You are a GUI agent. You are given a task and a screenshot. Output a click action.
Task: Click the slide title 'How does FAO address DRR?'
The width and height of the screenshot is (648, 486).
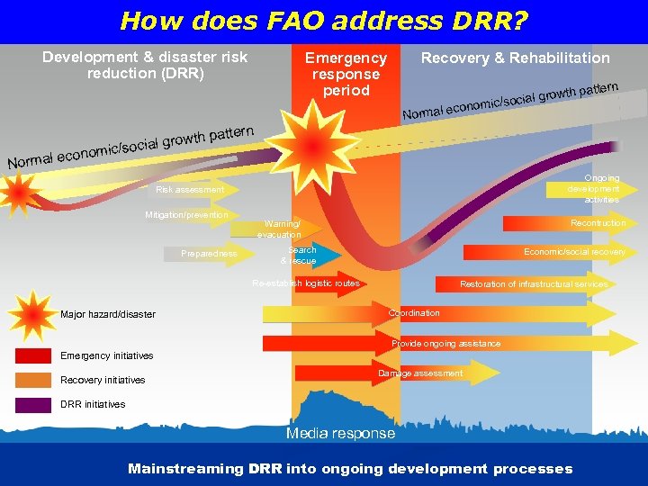[x=324, y=20]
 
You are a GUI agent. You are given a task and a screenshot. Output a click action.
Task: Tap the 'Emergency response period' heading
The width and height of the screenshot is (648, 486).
[x=346, y=74]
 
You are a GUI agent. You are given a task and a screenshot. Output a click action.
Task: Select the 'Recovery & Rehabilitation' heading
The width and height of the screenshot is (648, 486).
[x=515, y=58]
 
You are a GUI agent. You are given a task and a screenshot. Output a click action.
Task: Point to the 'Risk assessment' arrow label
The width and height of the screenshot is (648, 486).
[x=189, y=190]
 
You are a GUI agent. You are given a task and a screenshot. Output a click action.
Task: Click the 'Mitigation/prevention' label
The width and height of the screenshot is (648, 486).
[x=186, y=215]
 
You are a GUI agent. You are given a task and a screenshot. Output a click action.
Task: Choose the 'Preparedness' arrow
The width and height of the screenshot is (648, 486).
[x=209, y=254]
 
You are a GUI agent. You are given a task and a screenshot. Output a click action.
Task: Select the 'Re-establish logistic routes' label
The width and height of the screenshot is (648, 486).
[x=306, y=283]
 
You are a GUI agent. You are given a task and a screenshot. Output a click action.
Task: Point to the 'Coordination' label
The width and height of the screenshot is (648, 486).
[x=414, y=313]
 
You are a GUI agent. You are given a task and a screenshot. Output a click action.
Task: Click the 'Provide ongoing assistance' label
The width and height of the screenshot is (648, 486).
[x=445, y=344]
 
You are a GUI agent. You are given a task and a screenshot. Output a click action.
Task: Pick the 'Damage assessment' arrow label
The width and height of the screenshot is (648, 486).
[x=420, y=373]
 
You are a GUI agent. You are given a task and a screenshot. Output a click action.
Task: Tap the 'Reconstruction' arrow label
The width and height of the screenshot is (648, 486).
[x=598, y=223]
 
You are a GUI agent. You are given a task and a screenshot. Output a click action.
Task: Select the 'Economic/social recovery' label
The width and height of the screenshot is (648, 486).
[x=574, y=253]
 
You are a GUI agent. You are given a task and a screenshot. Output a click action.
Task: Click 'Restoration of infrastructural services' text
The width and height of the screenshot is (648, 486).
[x=534, y=284]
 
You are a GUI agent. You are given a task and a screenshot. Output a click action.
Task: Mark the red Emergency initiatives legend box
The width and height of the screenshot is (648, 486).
[x=33, y=355]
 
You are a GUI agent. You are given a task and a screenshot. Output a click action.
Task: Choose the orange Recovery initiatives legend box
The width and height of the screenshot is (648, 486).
[x=33, y=380]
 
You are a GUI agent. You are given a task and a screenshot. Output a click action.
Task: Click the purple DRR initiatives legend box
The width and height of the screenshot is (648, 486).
[x=33, y=404]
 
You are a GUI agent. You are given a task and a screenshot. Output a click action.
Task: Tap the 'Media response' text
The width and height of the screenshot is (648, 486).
[x=340, y=434]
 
